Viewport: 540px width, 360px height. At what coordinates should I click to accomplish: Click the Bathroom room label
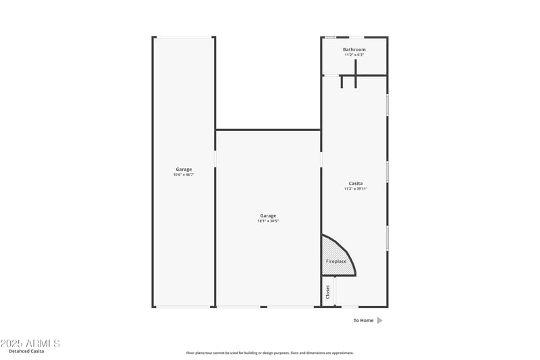[x=354, y=49]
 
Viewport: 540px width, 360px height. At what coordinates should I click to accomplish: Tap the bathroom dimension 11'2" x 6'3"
[x=354, y=55]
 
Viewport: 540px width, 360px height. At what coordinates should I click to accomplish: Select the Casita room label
[x=355, y=183]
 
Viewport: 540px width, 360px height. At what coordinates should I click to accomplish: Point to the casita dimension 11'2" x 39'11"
[x=355, y=189]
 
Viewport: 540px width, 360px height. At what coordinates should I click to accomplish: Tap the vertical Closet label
[x=328, y=292]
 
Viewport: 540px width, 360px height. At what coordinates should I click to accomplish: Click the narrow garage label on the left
[x=184, y=169]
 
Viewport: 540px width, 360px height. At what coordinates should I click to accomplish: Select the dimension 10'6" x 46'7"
[x=184, y=175]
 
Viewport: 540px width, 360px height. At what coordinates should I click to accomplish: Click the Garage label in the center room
[x=268, y=215]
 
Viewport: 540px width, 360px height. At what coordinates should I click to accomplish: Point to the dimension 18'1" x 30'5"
[x=268, y=221]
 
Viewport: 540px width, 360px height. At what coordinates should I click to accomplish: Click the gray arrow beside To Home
[x=380, y=320]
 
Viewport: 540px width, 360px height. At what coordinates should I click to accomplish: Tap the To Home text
[x=363, y=320]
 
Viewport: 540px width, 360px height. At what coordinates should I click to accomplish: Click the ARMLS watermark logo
[x=30, y=344]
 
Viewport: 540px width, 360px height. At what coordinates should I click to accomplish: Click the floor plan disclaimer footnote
[x=270, y=353]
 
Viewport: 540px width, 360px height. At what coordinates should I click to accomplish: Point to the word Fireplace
[x=336, y=261]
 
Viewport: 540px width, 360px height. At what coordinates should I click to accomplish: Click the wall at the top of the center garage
[x=268, y=130]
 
